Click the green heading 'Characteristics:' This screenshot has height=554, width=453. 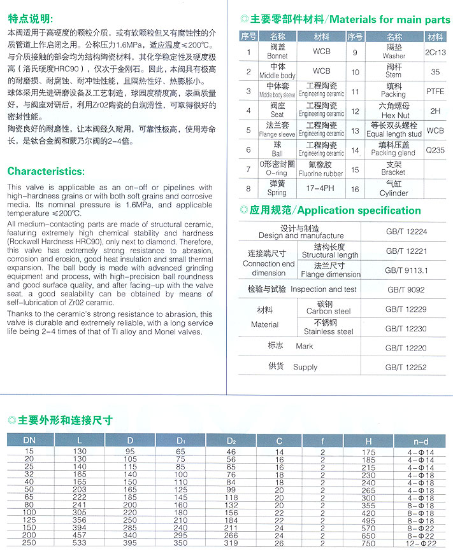coord(45,171)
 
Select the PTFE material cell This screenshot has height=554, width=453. coord(435,91)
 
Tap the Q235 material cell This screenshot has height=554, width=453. coord(435,151)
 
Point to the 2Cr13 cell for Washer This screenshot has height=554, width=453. coord(435,52)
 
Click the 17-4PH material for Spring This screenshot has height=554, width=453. coord(321,188)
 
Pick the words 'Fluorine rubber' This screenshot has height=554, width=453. coord(321,173)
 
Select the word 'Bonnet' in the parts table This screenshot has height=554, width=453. coord(278,56)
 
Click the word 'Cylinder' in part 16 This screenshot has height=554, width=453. coord(393,193)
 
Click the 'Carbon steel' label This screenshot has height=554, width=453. coord(329,311)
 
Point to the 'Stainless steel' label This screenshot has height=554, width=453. coord(329,331)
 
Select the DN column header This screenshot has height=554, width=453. coord(29,440)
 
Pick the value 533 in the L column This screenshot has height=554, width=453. coord(80,544)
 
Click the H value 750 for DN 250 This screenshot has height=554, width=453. coord(369,544)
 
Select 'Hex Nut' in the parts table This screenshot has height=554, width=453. coord(394,115)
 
